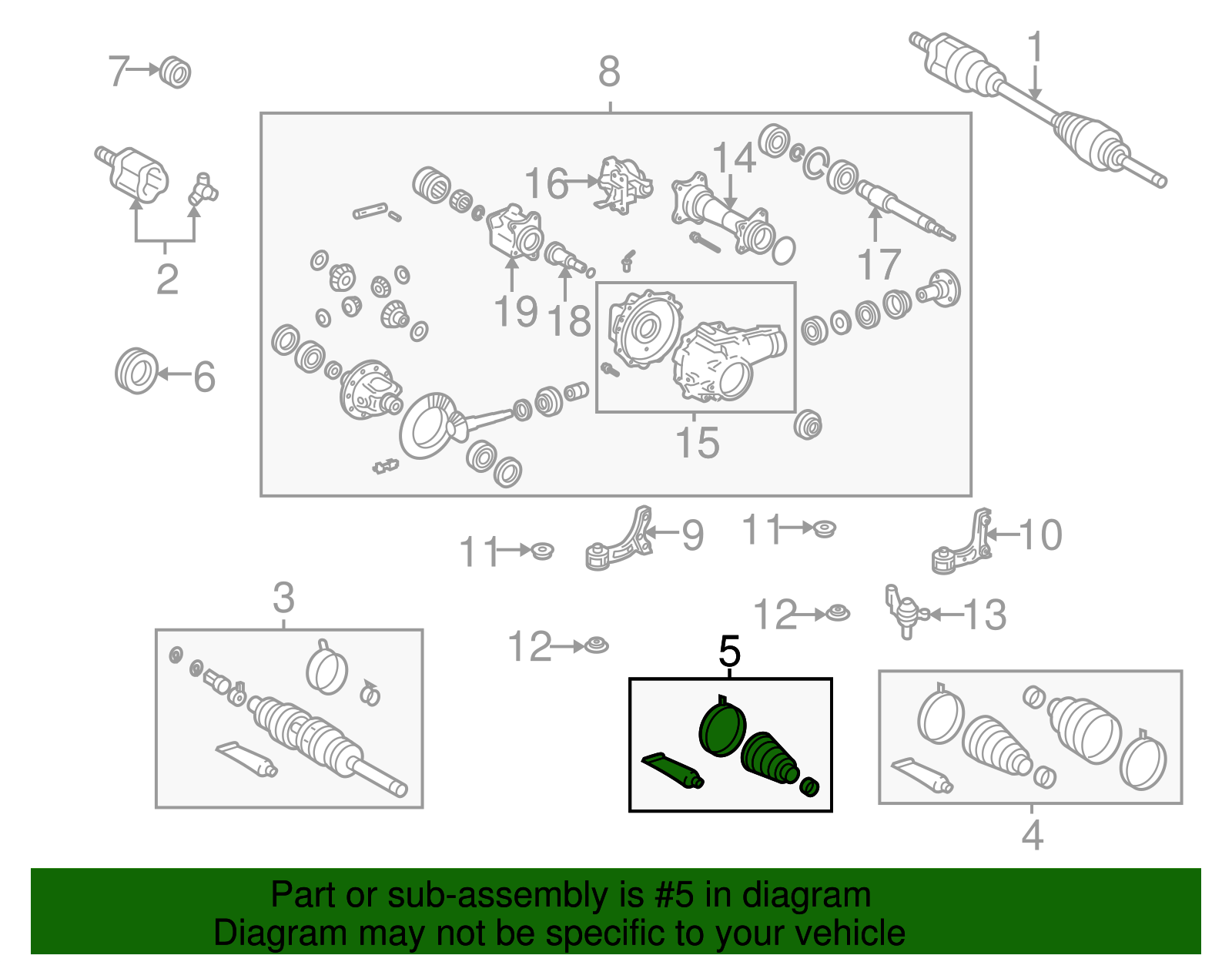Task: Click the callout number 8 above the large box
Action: (610, 72)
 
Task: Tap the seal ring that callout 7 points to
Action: (175, 72)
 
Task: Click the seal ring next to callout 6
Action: (136, 371)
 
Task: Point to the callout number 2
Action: (167, 279)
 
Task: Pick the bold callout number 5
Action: (729, 652)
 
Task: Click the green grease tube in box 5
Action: (673, 770)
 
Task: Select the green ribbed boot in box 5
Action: (770, 760)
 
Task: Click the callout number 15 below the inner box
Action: (698, 443)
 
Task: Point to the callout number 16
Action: (546, 183)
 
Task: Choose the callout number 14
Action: (734, 157)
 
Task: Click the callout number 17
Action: (879, 264)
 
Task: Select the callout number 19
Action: (516, 311)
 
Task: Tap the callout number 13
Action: (985, 615)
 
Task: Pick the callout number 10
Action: (1040, 535)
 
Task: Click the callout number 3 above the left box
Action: (283, 598)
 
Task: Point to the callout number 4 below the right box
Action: (1032, 836)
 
